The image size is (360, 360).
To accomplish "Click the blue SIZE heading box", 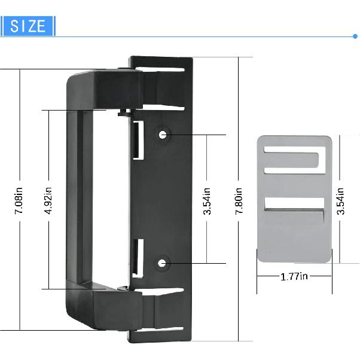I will click(x=28, y=26).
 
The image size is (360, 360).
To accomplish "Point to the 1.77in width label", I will click(x=294, y=276).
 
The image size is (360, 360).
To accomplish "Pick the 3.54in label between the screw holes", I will click(x=207, y=201).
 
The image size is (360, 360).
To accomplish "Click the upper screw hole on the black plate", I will click(x=163, y=135).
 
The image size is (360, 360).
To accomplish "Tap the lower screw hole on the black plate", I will click(x=163, y=263).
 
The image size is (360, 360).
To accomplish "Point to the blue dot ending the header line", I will click(x=355, y=36).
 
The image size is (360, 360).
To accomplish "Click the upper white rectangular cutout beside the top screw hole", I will click(x=136, y=141).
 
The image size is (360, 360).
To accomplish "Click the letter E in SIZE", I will click(x=42, y=26).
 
